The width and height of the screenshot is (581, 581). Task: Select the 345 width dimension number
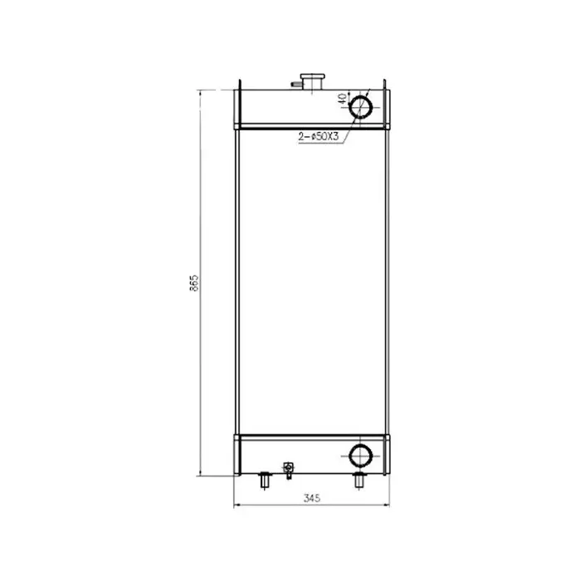coord(311,498)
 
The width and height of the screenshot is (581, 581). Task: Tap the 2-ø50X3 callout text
coord(320,137)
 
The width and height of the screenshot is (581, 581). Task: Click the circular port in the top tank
coord(362,106)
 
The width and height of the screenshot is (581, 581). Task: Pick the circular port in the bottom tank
coord(361,455)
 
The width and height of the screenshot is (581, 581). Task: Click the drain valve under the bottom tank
coord(288,471)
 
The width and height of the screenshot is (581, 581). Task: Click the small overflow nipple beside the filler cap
coord(295,83)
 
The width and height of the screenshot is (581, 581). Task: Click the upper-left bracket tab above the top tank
coord(239,85)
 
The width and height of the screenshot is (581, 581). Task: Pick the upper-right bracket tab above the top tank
coord(385,85)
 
